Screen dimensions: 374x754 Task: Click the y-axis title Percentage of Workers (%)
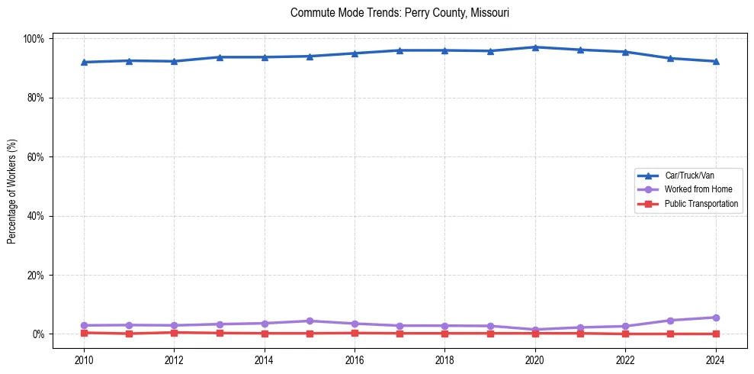tap(11, 186)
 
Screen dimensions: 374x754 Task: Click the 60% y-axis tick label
tap(36, 157)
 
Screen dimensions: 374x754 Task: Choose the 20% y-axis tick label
tap(36, 275)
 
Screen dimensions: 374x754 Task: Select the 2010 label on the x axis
tap(84, 359)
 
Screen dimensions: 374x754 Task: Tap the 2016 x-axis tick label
tap(355, 359)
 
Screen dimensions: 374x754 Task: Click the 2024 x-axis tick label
tap(715, 359)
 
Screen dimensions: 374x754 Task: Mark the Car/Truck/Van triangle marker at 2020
tap(535, 47)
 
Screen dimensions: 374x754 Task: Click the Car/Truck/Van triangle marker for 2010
tap(84, 62)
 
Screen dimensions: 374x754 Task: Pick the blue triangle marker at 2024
tap(715, 61)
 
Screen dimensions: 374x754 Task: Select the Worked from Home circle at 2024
tap(715, 318)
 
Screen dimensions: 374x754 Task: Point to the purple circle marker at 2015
tap(310, 321)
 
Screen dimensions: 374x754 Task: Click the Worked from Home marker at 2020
tap(535, 330)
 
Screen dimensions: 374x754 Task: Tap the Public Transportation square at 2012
tap(174, 332)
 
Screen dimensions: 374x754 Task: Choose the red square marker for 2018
tap(444, 333)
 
